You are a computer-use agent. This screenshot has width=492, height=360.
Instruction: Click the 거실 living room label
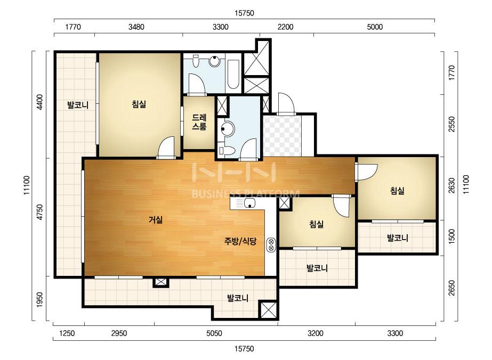tap(156, 220)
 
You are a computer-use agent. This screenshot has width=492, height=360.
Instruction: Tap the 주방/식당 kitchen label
tap(240, 241)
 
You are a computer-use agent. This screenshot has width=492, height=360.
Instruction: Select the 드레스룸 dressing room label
tap(199, 122)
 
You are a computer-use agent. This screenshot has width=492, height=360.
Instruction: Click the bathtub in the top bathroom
tap(233, 75)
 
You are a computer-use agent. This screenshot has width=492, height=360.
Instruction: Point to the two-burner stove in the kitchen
tap(271, 244)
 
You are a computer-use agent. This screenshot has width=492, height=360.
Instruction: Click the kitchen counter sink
tap(250, 203)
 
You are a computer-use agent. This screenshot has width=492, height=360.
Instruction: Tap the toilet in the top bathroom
tap(196, 61)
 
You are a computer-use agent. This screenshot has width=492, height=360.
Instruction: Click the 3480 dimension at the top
tap(136, 27)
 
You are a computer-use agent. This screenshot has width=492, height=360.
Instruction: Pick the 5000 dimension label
tap(375, 27)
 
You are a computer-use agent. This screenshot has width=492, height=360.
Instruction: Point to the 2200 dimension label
tap(286, 27)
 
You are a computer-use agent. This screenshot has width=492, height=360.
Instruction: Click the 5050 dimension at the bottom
tap(214, 333)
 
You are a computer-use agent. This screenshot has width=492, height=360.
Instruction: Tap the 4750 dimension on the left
tap(39, 212)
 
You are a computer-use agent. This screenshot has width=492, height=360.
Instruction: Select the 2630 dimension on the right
tap(451, 186)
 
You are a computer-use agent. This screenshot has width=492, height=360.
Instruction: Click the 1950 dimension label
tap(39, 300)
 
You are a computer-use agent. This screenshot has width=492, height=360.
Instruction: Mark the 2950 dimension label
tap(119, 333)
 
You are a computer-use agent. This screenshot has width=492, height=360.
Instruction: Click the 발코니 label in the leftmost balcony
tap(78, 105)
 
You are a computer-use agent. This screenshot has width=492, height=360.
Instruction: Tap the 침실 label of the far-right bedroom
tap(397, 190)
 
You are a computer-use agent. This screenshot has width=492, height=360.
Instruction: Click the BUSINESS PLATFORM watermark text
tap(245, 193)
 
